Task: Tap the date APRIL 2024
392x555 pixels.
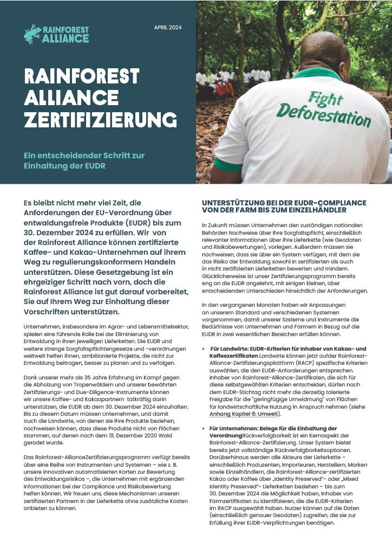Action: pyautogui.click(x=168, y=27)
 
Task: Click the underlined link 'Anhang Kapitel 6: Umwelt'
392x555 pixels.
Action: pyautogui.click(x=245, y=414)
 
